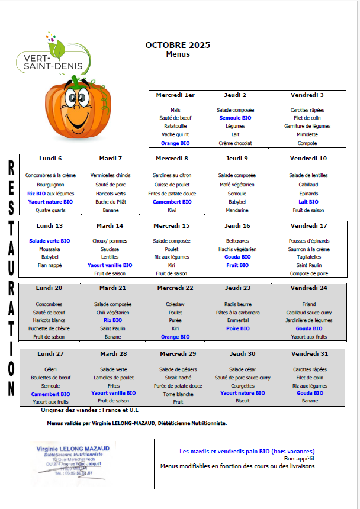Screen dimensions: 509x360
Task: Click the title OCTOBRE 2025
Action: tap(178, 45)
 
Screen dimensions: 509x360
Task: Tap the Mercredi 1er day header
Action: tap(175, 95)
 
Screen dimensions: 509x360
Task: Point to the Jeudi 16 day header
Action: tap(237, 226)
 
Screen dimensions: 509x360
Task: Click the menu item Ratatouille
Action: tap(175, 126)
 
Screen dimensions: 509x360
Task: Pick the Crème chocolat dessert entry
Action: tap(235, 143)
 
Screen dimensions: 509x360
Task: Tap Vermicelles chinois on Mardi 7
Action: tap(110, 175)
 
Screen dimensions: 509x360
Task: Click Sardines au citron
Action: tap(172, 175)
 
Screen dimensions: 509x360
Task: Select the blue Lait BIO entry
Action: tap(308, 202)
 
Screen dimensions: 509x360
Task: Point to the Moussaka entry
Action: tap(50, 249)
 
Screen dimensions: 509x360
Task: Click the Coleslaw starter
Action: tap(175, 304)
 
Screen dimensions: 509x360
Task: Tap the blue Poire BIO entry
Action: tap(238, 328)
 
